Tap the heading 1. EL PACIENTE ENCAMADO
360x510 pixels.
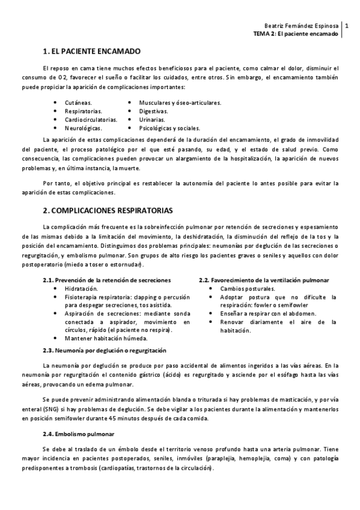tap(92, 52)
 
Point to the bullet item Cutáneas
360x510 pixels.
tap(78, 103)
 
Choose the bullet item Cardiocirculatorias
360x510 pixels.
tap(91, 120)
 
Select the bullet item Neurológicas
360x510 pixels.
tap(83, 128)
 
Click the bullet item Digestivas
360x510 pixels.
tap(153, 111)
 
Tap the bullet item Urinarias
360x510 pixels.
tap(152, 120)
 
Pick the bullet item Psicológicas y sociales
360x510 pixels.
tap(169, 128)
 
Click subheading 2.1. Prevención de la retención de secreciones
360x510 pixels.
tap(106, 280)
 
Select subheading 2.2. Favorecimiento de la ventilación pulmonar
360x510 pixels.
tap(264, 280)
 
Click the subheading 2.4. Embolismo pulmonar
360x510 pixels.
tap(78, 434)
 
